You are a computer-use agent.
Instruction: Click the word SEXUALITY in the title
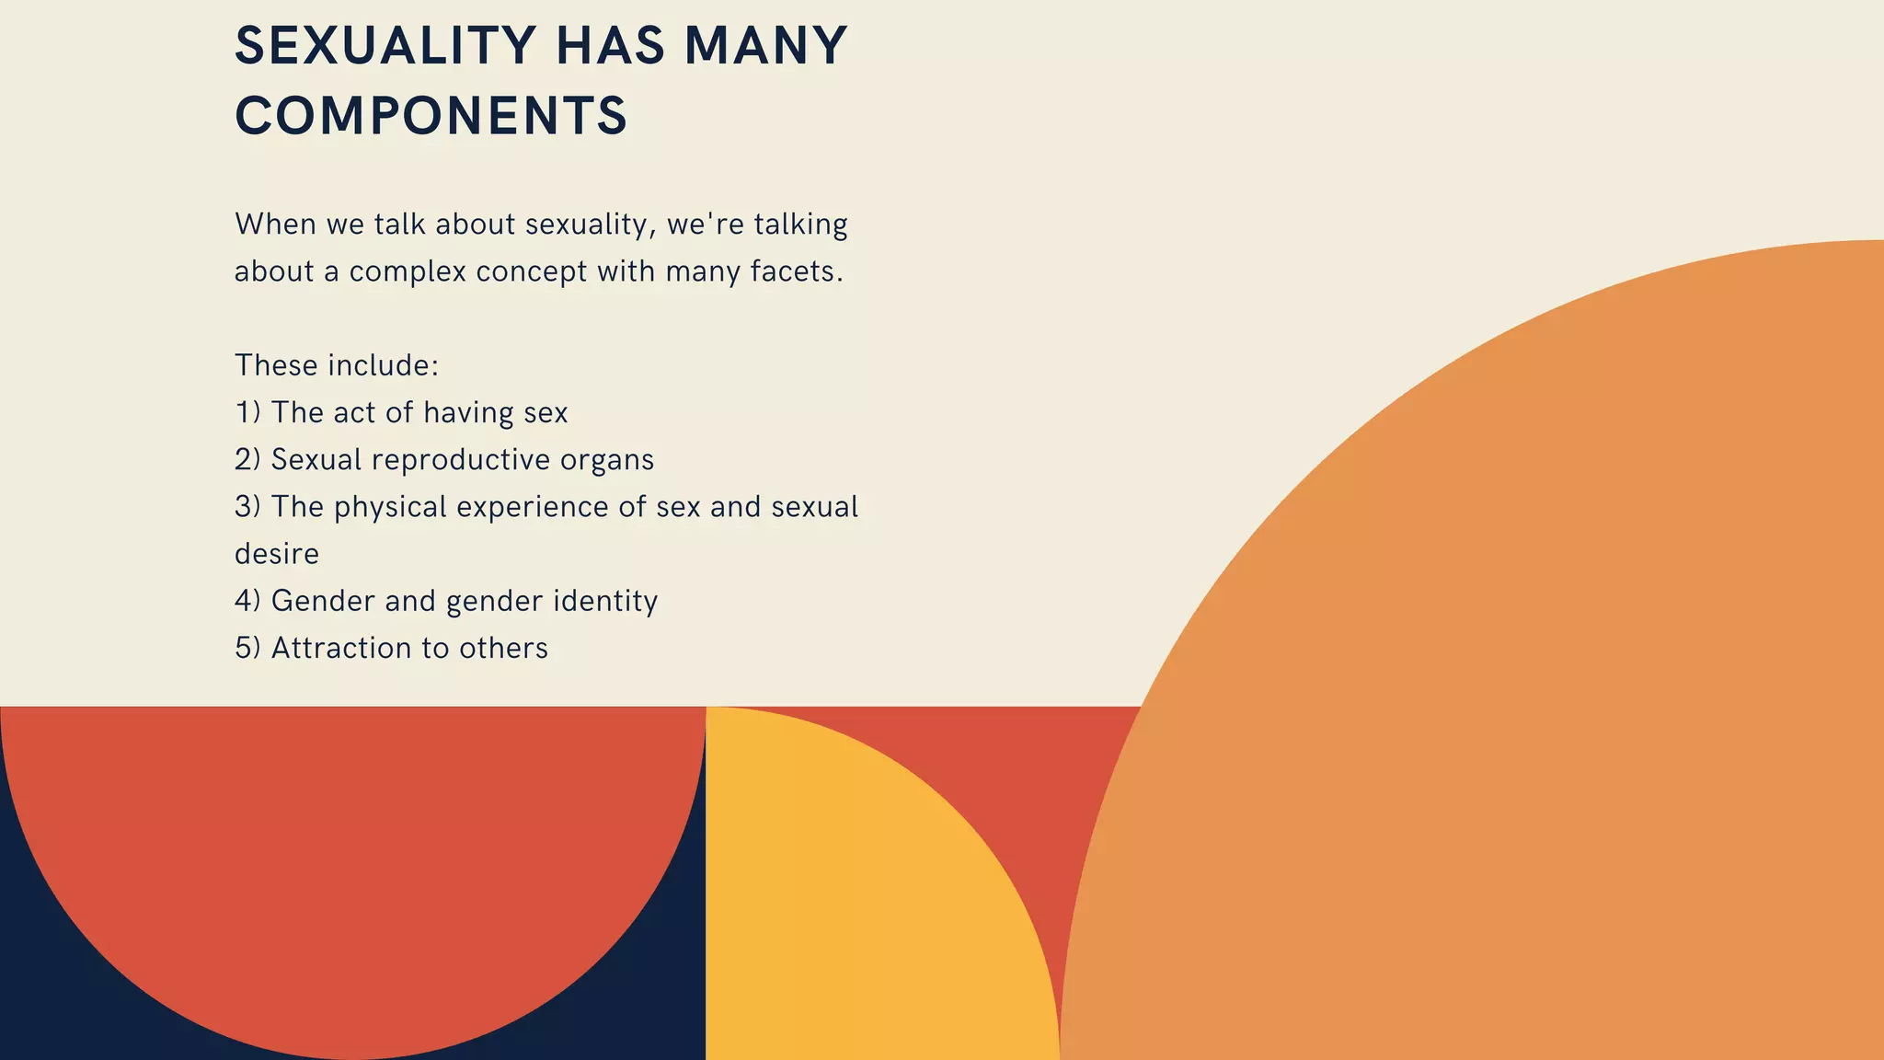(385, 46)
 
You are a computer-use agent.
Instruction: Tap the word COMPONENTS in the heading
(431, 117)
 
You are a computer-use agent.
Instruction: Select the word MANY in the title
(765, 46)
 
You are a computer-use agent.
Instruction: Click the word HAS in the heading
(610, 46)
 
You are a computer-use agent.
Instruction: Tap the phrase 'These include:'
(337, 365)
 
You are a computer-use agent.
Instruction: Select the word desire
(277, 554)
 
